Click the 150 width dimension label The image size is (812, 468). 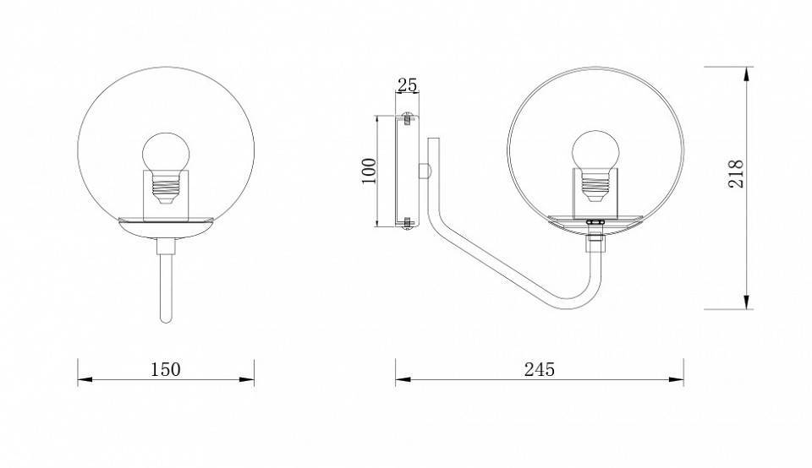[x=166, y=369]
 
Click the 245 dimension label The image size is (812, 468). [x=540, y=369]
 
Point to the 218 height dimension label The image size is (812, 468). [x=736, y=174]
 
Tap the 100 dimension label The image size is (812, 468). [x=368, y=171]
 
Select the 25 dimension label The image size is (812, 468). [x=407, y=84]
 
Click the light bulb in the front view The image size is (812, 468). [x=166, y=154]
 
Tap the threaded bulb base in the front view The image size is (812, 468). [x=166, y=188]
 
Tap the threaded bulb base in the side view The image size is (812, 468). [x=595, y=185]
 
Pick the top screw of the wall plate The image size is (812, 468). [x=407, y=118]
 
